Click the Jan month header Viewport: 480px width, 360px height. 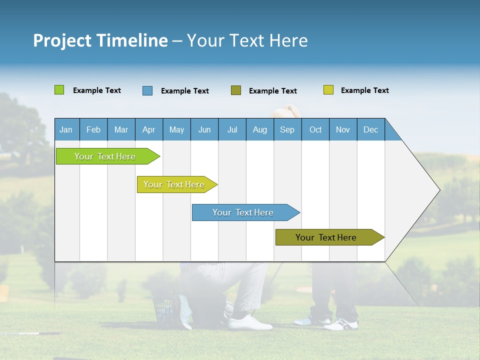[x=66, y=129]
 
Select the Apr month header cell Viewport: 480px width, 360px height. [x=148, y=129]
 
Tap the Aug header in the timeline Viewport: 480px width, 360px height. [x=259, y=129]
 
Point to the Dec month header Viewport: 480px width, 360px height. [x=370, y=129]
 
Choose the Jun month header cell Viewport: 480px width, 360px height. [x=204, y=129]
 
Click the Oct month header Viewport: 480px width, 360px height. [x=315, y=129]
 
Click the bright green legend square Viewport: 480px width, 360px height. [x=59, y=90]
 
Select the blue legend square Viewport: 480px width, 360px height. [x=147, y=90]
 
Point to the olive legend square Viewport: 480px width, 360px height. [x=235, y=90]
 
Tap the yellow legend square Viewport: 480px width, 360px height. [x=328, y=90]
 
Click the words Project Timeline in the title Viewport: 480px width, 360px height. [x=100, y=40]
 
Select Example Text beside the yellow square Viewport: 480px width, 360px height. [x=364, y=90]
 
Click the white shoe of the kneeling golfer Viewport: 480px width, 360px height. [x=250, y=322]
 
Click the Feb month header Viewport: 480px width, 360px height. [x=93, y=129]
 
